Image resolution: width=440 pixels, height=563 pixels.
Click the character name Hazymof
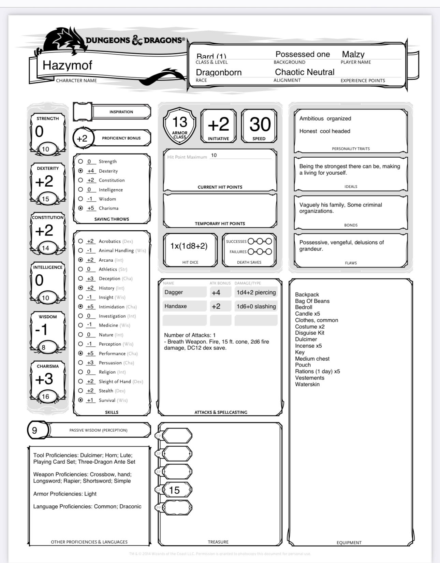(67, 65)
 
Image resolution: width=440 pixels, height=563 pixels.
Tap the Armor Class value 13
(179, 122)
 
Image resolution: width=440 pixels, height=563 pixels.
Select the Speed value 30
(260, 124)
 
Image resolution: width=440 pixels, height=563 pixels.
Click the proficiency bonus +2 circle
(82, 138)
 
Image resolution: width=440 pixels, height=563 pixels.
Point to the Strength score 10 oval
(45, 149)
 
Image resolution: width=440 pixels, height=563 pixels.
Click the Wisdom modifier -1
(42, 330)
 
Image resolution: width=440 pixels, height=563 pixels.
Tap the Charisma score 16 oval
(45, 396)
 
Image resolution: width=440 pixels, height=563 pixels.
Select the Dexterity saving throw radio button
(80, 171)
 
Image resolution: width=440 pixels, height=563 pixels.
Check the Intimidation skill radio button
(80, 306)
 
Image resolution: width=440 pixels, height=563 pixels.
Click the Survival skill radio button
(80, 400)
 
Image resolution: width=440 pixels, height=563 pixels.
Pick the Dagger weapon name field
(184, 292)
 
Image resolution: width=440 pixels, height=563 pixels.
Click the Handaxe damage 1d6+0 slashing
(256, 306)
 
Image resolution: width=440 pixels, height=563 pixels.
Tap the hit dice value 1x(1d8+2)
(189, 246)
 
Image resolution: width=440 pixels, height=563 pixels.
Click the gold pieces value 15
(174, 490)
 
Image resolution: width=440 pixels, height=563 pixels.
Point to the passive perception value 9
(34, 430)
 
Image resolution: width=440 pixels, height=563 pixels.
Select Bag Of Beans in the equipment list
(312, 301)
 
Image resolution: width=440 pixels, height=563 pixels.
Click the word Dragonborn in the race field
(219, 72)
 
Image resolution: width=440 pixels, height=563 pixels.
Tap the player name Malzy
(353, 54)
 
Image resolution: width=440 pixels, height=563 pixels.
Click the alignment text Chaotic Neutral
(305, 72)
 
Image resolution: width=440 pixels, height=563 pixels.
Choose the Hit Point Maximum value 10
(214, 155)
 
